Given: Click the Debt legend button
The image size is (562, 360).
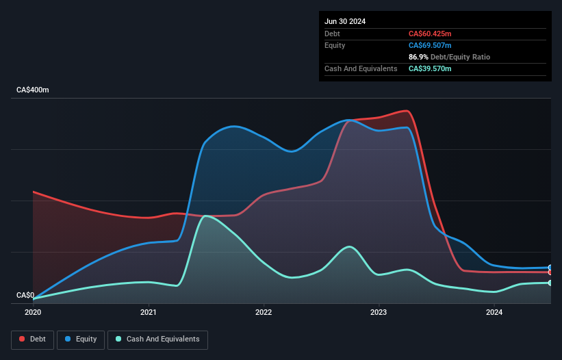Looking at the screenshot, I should [x=32, y=339].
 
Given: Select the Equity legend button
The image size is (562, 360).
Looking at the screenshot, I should [x=81, y=339].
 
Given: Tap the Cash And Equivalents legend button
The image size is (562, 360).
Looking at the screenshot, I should [x=157, y=339].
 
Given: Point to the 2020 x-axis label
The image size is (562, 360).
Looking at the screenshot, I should [x=33, y=313].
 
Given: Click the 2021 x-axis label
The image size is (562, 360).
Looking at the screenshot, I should [x=149, y=313].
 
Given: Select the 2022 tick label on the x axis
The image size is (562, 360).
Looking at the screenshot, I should [x=264, y=313].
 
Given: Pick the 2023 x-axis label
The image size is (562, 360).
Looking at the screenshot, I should [x=379, y=313].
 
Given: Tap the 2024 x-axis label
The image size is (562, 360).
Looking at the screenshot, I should [x=494, y=313].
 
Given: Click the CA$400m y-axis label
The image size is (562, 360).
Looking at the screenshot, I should [x=33, y=90].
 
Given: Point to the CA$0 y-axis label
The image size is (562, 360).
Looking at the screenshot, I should [x=25, y=296].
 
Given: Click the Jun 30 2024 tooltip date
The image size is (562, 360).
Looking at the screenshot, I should [x=345, y=21].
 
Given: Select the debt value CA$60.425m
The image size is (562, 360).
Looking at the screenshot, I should [x=430, y=34].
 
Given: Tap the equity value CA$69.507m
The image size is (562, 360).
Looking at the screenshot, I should [x=430, y=45].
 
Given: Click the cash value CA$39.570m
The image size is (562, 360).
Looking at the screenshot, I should [x=430, y=68].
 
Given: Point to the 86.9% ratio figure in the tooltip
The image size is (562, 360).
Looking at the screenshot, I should [x=417, y=57].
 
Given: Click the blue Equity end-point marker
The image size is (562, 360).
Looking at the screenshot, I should [x=550, y=268].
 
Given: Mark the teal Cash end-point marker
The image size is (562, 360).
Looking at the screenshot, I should [x=550, y=283].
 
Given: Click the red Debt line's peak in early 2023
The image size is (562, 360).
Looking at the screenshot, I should [x=407, y=111].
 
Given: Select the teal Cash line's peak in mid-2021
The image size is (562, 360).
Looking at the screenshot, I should [x=205, y=216].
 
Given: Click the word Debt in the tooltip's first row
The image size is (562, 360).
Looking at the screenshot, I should [x=332, y=34].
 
